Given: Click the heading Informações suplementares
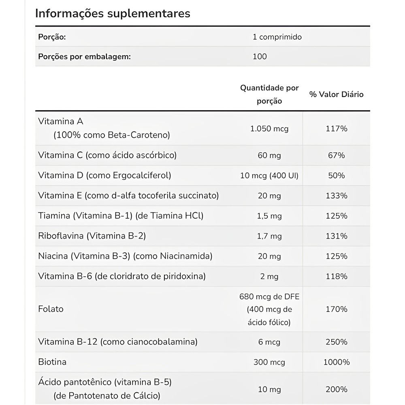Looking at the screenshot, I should click(113, 13).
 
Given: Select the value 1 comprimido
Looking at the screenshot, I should click(277, 37).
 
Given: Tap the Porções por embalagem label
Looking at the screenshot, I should click(84, 56).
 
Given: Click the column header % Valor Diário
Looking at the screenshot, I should click(337, 94).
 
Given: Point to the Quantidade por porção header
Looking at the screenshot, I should click(269, 94).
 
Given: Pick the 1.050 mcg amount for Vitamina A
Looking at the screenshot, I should click(269, 129).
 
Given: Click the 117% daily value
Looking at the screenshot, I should click(337, 129).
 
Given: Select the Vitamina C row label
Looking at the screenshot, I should click(107, 155).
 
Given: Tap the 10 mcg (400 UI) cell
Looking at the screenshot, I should click(269, 175).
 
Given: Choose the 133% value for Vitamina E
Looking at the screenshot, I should click(337, 196).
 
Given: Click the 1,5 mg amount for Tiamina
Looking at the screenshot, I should click(269, 216).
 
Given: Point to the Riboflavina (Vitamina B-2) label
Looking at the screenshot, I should click(92, 236).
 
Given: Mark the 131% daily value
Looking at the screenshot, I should click(337, 236).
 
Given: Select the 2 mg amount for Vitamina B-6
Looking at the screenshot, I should click(269, 277).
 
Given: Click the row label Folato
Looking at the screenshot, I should click(51, 309).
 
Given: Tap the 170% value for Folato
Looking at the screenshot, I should click(337, 309).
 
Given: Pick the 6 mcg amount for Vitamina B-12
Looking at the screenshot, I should click(269, 342).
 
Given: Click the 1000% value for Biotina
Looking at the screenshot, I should click(337, 362).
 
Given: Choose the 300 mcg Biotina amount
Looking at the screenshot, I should click(269, 362).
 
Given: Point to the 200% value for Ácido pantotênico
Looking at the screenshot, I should click(337, 389).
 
